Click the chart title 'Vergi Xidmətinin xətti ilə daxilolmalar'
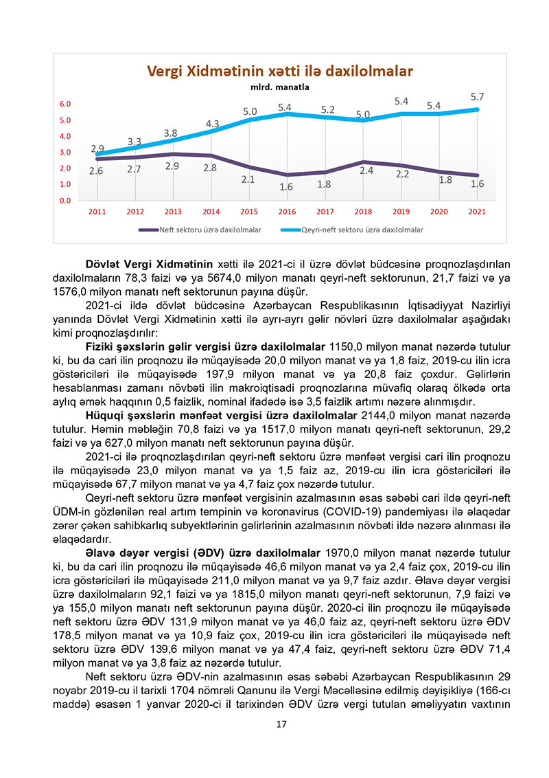point(280,71)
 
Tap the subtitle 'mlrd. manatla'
point(279,87)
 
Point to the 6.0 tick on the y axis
point(65,104)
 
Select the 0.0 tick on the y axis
point(65,201)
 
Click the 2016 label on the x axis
point(287,212)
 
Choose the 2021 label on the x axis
point(477,212)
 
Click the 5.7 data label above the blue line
point(478,97)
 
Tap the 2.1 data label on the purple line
point(248,179)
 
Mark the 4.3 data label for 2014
point(212,124)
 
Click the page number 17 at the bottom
point(280,724)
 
